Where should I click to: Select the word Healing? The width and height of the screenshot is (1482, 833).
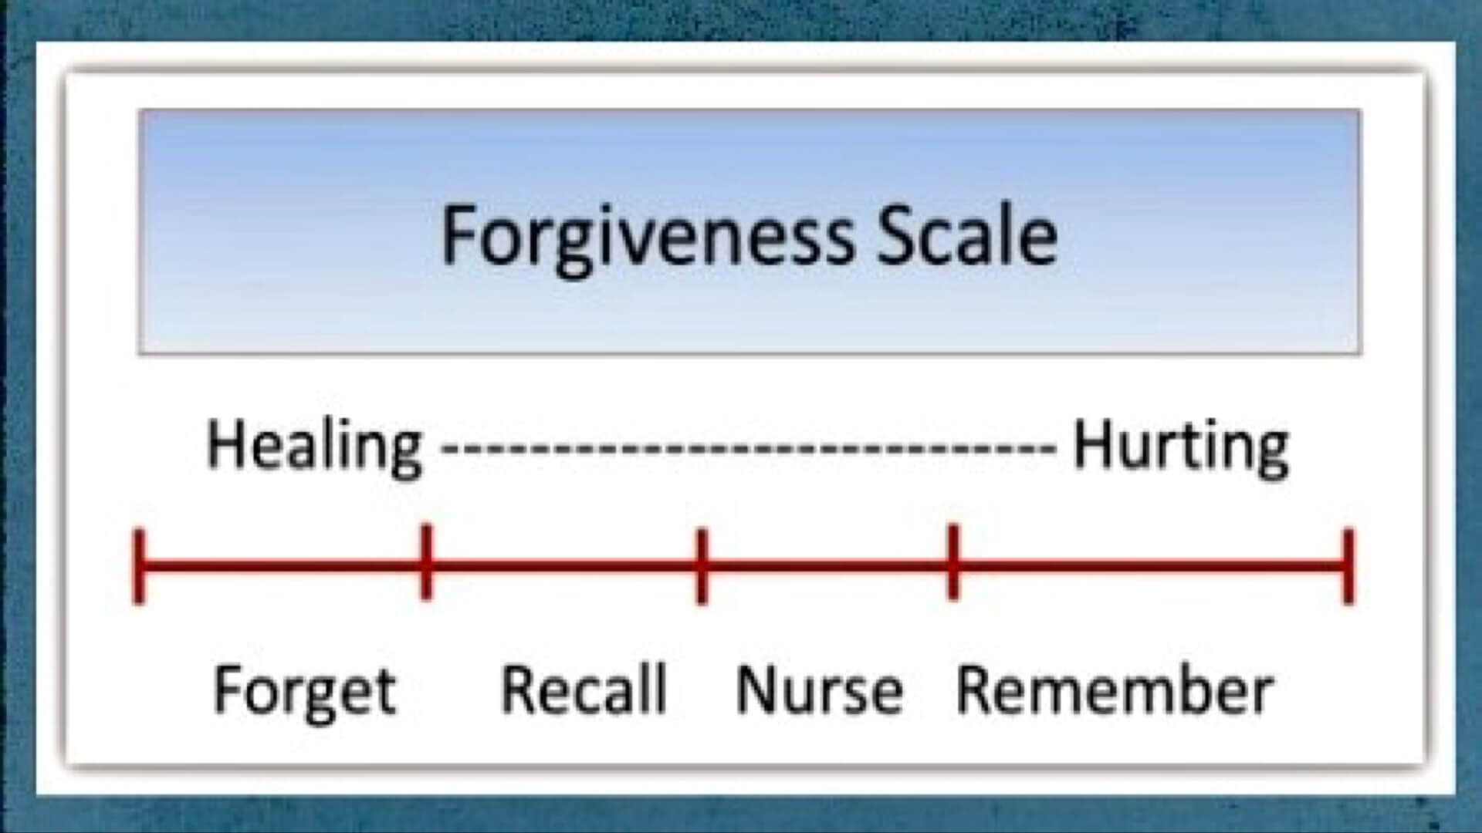[x=315, y=448]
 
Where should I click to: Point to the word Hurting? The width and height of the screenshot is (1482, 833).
[x=1181, y=448]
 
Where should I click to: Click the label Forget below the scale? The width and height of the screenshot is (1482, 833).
[x=304, y=692]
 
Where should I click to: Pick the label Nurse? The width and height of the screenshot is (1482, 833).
[x=819, y=690]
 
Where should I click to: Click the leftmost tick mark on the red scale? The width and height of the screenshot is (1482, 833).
[x=139, y=567]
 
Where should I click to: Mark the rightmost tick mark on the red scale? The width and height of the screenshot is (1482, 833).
[x=1348, y=567]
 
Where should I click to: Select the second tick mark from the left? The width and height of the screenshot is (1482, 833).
[x=426, y=562]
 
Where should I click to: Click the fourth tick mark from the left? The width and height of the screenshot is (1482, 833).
[x=953, y=562]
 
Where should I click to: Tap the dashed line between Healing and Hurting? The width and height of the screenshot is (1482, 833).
[x=747, y=447]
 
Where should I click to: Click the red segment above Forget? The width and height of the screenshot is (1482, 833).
[x=283, y=568]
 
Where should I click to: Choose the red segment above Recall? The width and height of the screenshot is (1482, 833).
[x=563, y=568]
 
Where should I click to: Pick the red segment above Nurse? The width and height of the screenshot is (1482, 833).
[x=827, y=568]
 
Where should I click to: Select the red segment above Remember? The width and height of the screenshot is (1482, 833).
[x=1150, y=568]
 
